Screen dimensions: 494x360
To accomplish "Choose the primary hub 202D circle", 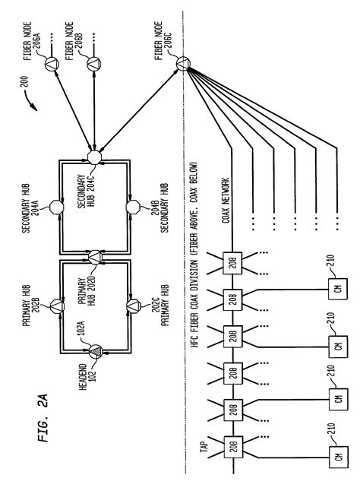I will [x=93, y=261].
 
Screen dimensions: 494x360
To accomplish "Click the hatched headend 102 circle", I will [x=93, y=354].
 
